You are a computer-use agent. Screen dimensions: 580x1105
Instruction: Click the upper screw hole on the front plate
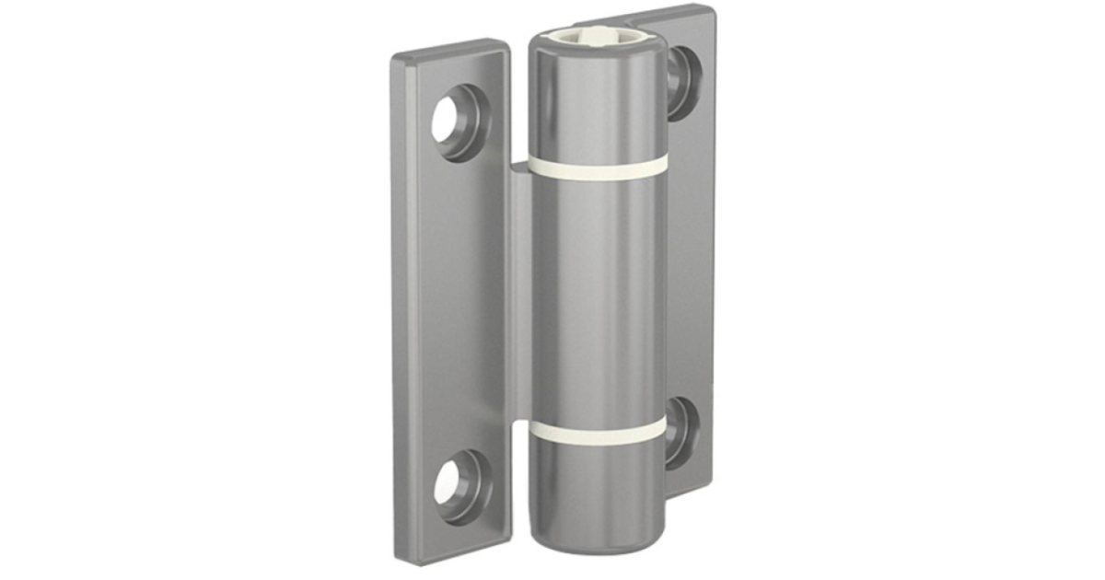tap(457, 120)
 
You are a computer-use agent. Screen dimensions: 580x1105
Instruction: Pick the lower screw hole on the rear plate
tap(680, 431)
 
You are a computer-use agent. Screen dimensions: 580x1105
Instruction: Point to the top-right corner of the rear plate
tap(711, 11)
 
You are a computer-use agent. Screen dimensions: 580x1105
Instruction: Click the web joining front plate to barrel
tap(520, 295)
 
